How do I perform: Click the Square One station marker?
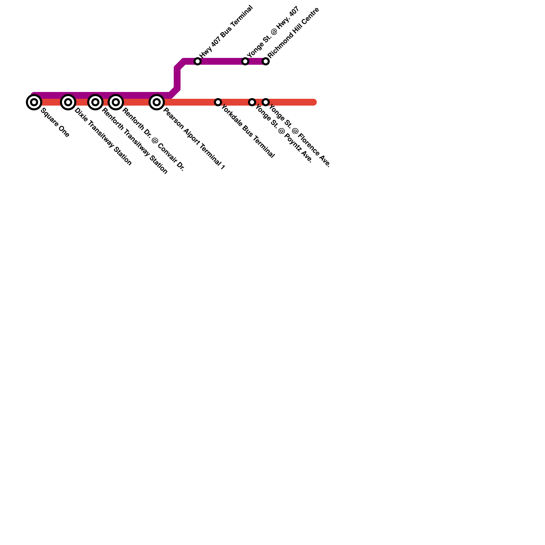pos(34,102)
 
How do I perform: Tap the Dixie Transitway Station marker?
pos(68,102)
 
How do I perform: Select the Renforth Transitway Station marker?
pos(95,102)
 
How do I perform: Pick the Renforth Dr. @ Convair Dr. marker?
pos(115,102)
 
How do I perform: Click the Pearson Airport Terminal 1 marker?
pos(156,102)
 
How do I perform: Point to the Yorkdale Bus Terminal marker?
pos(218,102)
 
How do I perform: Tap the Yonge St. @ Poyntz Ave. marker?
pos(252,102)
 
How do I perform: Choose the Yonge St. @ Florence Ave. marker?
pos(266,102)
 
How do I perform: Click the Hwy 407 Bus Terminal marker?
pos(198,61)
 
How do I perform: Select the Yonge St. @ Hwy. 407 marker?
pos(245,61)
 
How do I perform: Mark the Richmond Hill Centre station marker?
pos(266,61)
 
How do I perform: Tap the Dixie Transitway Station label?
pos(103,137)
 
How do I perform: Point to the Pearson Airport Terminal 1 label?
pos(194,139)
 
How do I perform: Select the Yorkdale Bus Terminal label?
pos(248,131)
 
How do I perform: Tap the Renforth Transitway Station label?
pos(135,141)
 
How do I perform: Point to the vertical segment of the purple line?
pos(177,78)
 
